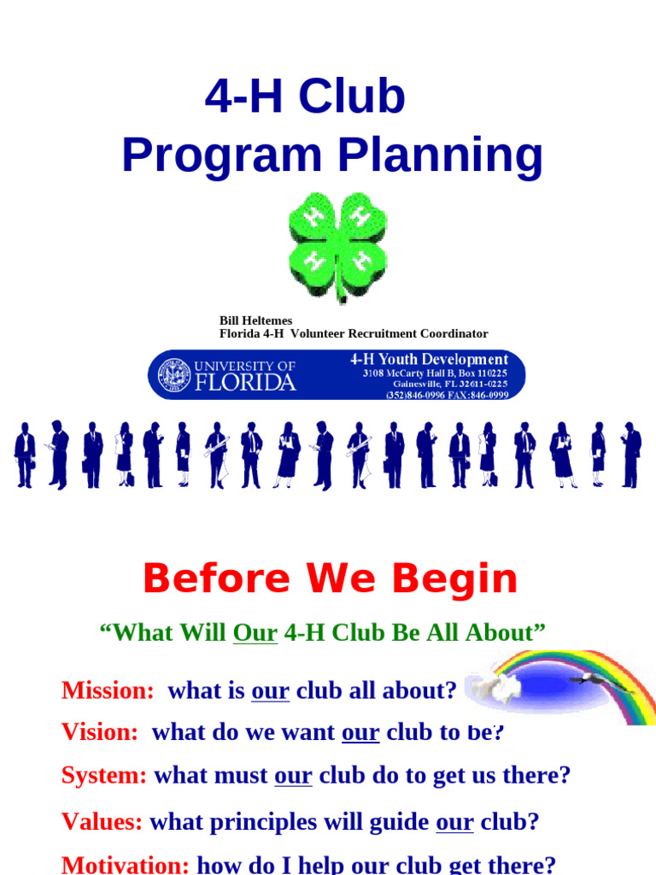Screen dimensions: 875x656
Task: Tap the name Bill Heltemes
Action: pos(255,320)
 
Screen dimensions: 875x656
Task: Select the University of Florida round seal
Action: pos(175,374)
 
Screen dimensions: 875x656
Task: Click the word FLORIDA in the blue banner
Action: pos(245,382)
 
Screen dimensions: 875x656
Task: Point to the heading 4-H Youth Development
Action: pos(429,359)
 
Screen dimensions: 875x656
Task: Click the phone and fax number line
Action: pos(447,395)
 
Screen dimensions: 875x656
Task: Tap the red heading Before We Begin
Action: pos(330,579)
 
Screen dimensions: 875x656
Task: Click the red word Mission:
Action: pos(108,690)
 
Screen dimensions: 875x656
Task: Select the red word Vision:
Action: pos(100,732)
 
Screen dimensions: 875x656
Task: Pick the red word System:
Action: pos(104,776)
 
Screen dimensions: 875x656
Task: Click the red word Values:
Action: pos(102,822)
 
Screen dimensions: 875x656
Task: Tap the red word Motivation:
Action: pos(126,864)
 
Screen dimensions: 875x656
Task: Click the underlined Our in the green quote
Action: pos(255,633)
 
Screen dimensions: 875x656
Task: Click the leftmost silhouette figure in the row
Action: pos(25,455)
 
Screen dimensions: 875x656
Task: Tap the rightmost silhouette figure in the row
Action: pos(630,455)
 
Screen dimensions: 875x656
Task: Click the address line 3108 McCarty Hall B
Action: pos(434,373)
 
